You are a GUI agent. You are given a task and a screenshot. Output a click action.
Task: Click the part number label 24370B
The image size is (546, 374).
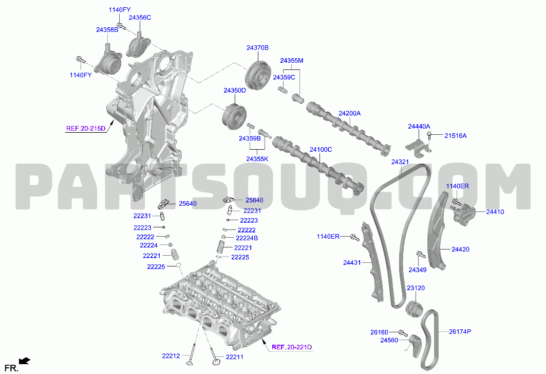coord(257,48)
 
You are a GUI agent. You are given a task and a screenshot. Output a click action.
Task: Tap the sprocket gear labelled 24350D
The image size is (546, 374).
coord(234,117)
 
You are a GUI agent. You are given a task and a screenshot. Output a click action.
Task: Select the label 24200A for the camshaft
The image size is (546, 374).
coord(350,113)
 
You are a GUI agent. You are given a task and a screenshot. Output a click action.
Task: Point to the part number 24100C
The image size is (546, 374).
coord(321,150)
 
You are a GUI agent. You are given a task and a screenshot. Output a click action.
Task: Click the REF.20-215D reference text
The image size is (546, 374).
coord(86,129)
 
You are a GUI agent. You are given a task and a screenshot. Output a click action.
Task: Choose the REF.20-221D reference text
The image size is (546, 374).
coord(292,347)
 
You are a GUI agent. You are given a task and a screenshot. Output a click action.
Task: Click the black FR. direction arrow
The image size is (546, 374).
coord(25,361)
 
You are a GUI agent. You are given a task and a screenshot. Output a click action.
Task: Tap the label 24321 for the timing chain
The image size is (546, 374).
coord(400,162)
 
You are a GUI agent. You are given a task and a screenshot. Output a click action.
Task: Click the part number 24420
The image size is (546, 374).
coord(460,250)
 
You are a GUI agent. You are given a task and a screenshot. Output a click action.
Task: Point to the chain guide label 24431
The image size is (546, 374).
coord(352,263)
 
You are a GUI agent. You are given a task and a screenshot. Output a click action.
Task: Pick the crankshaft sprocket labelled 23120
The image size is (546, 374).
coord(415,309)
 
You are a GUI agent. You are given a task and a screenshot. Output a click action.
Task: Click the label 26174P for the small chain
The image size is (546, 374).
coord(460,332)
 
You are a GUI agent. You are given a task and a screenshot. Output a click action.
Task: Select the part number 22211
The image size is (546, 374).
coord(235,357)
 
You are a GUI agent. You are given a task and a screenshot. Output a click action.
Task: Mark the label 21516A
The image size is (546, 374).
coord(456,136)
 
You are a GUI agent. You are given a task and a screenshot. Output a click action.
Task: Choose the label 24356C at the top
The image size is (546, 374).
coord(140,17)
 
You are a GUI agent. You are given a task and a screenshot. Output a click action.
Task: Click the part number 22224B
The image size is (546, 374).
coord(247,238)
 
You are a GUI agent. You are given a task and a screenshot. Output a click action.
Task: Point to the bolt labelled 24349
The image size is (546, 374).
coord(421,255)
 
